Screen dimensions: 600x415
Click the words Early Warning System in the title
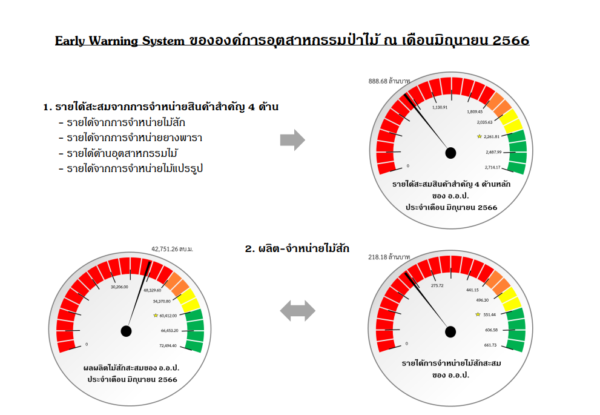(119, 41)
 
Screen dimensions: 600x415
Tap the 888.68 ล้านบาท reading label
(389, 81)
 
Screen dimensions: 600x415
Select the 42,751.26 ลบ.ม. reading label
(172, 249)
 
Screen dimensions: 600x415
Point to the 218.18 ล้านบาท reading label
(389, 257)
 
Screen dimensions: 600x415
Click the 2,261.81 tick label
(492, 137)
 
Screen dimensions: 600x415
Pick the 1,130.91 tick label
(440, 108)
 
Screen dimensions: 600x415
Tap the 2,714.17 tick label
(492, 167)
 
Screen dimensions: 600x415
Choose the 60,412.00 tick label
(168, 316)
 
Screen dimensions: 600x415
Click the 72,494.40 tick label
(168, 346)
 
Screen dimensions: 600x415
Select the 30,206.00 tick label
(119, 287)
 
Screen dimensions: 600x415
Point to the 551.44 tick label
(489, 314)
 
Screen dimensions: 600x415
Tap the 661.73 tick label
(490, 345)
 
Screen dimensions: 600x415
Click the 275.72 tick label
(437, 285)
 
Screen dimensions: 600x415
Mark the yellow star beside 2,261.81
(480, 136)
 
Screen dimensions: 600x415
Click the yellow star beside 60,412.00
(156, 316)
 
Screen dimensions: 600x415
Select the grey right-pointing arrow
(292, 140)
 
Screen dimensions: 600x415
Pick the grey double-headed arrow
(298, 310)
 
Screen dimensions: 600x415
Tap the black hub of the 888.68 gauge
(451, 153)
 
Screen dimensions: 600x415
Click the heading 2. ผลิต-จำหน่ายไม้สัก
(297, 249)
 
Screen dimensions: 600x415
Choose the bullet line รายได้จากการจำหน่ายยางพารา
(131, 138)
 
